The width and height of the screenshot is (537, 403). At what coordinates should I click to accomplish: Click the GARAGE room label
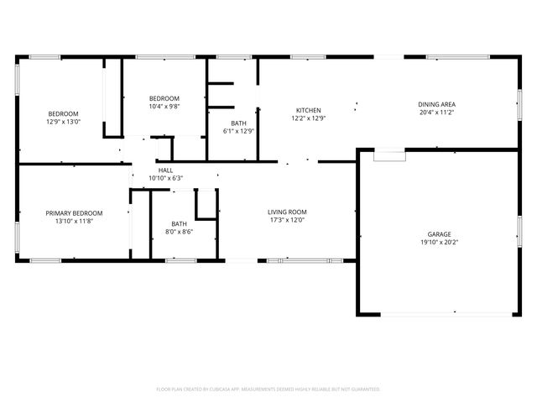[440, 234]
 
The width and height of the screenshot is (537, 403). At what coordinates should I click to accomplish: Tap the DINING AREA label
[436, 104]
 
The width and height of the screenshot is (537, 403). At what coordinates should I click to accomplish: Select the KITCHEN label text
[308, 110]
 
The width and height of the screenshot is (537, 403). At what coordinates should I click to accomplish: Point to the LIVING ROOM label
[287, 212]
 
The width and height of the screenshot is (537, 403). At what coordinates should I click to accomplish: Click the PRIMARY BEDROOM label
[74, 213]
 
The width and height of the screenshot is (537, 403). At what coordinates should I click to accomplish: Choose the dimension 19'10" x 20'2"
[440, 243]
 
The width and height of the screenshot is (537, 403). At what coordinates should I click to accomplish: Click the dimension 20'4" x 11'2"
[436, 113]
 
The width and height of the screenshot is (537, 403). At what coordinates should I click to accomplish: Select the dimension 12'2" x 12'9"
[308, 118]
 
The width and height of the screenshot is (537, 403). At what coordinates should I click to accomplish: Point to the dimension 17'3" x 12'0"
[287, 221]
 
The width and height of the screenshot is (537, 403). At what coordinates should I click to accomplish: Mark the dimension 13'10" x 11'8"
[74, 222]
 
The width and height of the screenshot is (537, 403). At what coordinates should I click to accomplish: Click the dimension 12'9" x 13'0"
[63, 122]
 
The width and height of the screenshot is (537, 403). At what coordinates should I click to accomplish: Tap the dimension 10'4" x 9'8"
[164, 107]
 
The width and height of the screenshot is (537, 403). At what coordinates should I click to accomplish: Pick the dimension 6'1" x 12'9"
[238, 131]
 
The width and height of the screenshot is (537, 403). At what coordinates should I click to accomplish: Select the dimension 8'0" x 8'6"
[180, 232]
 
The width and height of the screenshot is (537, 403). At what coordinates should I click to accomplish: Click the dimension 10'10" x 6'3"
[165, 178]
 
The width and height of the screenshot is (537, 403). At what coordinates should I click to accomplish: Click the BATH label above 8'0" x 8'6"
[180, 223]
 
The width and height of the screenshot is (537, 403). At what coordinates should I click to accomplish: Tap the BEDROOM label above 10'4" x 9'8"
[164, 98]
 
